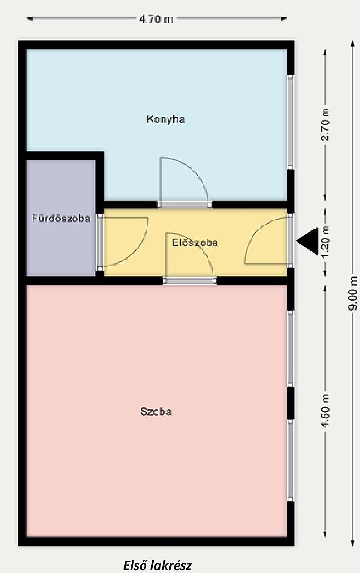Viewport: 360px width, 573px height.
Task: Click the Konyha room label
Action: click(165, 119)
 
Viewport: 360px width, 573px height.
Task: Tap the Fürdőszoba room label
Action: click(61, 218)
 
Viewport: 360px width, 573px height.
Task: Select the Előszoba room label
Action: click(195, 243)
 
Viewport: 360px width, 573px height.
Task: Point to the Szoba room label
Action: click(156, 412)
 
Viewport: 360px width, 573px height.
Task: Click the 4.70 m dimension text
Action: click(156, 19)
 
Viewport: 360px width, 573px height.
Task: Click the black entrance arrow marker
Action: click(309, 241)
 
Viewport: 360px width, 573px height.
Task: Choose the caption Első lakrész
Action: click(157, 565)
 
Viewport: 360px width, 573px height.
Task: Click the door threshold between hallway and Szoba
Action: click(190, 281)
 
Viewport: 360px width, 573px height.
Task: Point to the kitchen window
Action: click(290, 122)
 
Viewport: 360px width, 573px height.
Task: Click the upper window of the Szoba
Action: click(290, 348)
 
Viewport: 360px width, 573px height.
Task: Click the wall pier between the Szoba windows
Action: click(290, 403)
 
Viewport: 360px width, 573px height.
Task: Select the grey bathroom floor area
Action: click(61, 218)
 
